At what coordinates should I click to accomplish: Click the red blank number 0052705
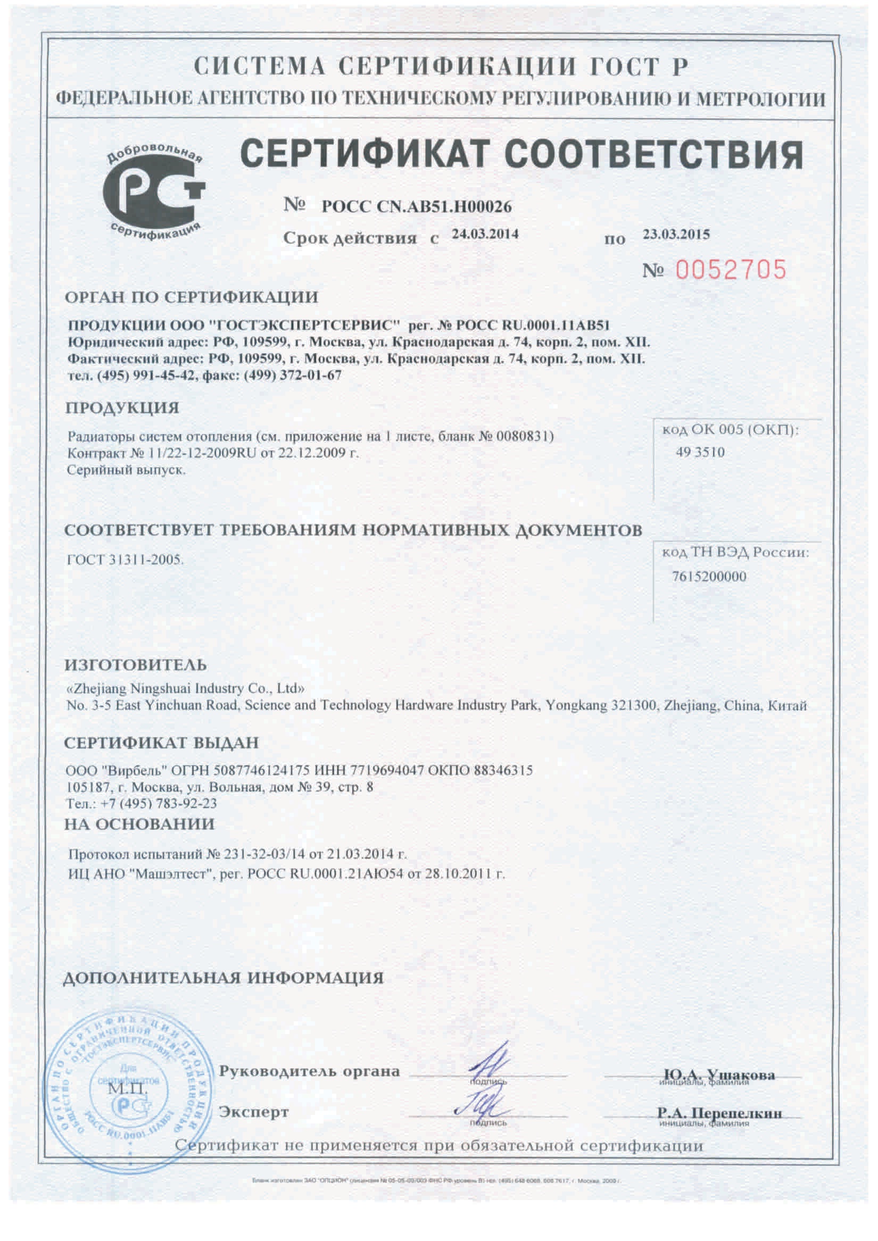pyautogui.click(x=731, y=270)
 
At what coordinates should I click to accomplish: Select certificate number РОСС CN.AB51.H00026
pyautogui.click(x=416, y=206)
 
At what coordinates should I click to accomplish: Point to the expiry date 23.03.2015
pyautogui.click(x=676, y=234)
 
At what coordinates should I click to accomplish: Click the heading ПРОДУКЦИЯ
pyautogui.click(x=122, y=407)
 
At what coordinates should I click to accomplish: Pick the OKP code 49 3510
pyautogui.click(x=700, y=452)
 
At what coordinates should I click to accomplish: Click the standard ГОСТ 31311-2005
pyautogui.click(x=125, y=560)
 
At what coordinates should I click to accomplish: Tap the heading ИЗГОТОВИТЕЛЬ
pyautogui.click(x=136, y=665)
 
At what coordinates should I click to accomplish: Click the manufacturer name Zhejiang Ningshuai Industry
pyautogui.click(x=185, y=689)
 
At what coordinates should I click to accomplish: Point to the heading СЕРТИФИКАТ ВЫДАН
pyautogui.click(x=162, y=743)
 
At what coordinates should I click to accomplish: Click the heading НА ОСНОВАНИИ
pyautogui.click(x=139, y=824)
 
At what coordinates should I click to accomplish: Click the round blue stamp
pyautogui.click(x=128, y=1087)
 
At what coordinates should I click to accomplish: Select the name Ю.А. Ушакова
pyautogui.click(x=719, y=1075)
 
